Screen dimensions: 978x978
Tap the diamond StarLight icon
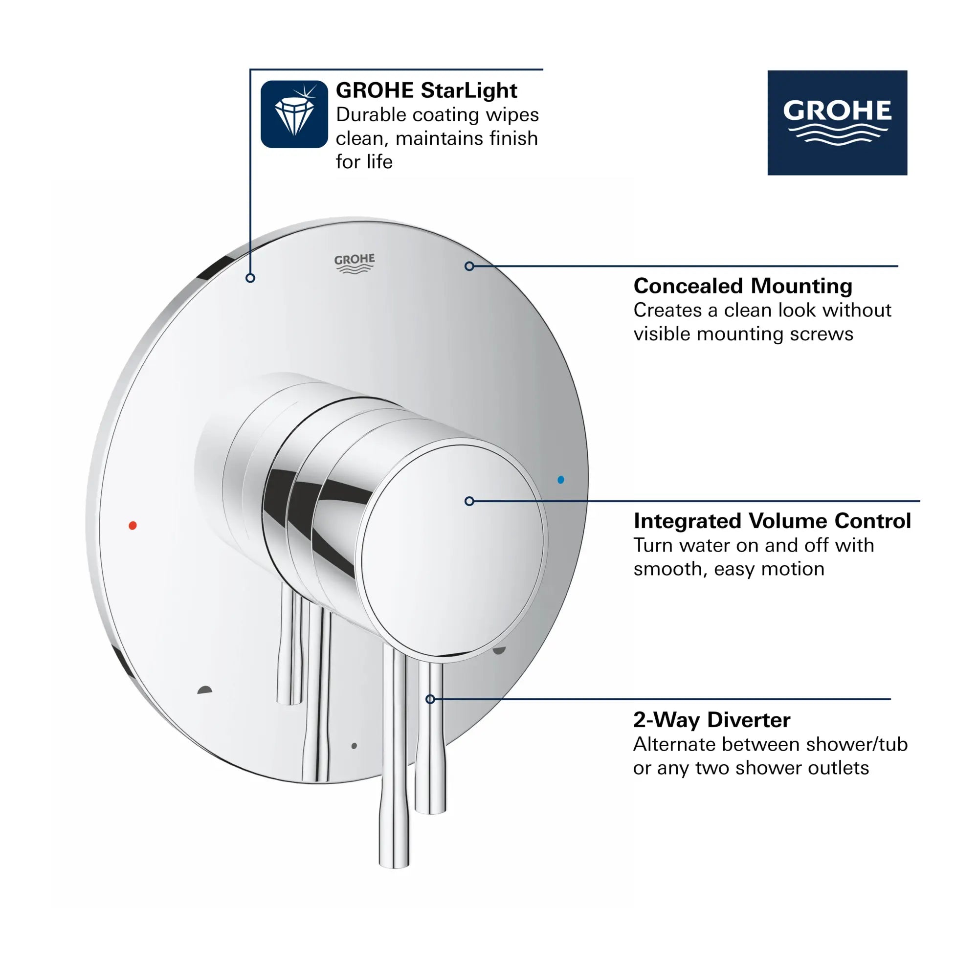(x=294, y=114)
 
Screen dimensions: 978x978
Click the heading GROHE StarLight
(x=426, y=90)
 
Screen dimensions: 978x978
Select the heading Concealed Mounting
(x=743, y=286)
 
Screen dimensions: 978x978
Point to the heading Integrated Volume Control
(x=772, y=521)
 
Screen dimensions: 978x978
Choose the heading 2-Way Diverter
(x=711, y=720)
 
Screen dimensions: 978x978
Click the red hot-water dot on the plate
(x=133, y=526)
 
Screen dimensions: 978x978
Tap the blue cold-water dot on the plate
(x=560, y=479)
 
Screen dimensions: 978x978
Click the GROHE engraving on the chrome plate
(x=355, y=263)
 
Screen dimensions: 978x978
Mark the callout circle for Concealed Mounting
(x=469, y=267)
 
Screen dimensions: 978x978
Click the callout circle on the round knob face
(x=469, y=501)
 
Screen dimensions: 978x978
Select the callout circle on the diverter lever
(x=430, y=699)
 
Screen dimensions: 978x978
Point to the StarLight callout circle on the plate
(x=250, y=278)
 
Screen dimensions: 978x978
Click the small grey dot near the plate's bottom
(x=354, y=746)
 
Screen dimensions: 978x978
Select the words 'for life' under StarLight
(x=364, y=162)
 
